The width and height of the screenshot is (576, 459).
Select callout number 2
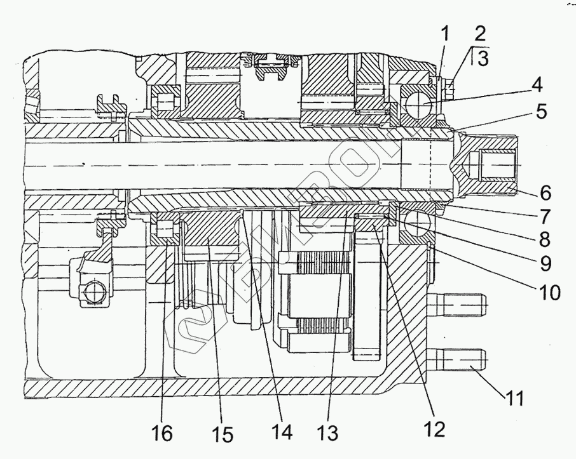click(x=479, y=33)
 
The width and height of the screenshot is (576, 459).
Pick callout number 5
click(x=540, y=111)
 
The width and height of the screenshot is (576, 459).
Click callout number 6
click(x=544, y=191)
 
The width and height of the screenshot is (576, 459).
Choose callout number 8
click(x=544, y=239)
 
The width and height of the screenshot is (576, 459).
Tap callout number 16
click(x=163, y=434)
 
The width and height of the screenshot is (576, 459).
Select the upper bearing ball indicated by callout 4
click(x=415, y=102)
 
